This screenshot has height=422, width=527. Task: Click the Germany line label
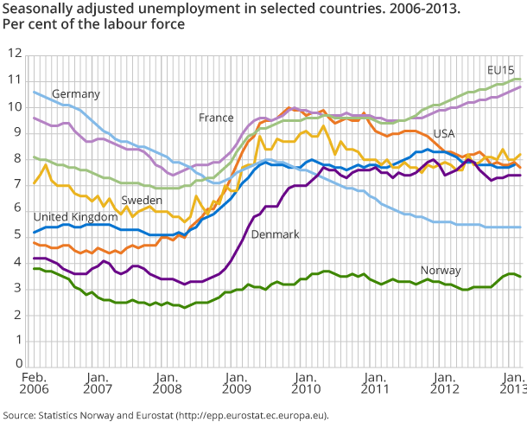click(x=76, y=93)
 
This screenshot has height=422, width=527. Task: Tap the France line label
click(x=217, y=117)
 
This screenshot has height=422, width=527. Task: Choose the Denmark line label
click(x=275, y=234)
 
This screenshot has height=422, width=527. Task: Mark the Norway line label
click(x=441, y=270)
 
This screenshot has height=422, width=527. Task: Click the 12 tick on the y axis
click(x=13, y=54)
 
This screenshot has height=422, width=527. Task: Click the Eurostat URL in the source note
click(x=251, y=415)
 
